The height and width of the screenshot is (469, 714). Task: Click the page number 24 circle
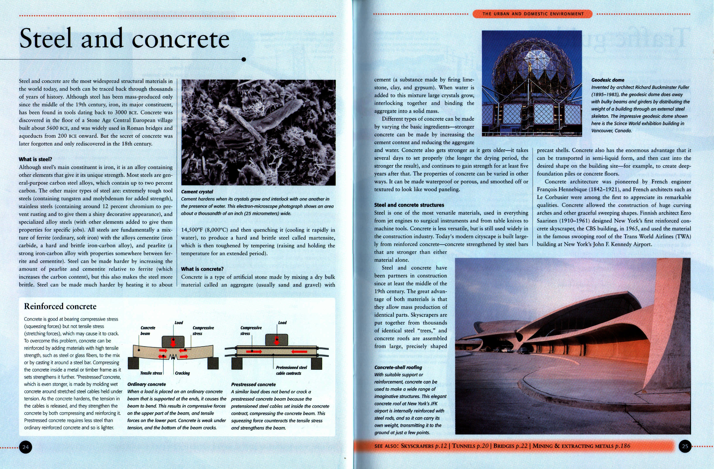click(26, 447)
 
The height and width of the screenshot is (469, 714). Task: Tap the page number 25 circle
click(685, 446)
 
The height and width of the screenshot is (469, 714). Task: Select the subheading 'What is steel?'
click(35, 159)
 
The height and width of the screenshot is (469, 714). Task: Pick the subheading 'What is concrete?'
click(202, 269)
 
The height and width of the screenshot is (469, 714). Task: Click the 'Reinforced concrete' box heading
click(60, 307)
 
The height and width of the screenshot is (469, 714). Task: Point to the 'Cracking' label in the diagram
click(182, 373)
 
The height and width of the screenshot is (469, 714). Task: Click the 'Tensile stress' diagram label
click(151, 373)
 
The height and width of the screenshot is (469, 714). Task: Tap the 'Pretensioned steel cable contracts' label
click(291, 370)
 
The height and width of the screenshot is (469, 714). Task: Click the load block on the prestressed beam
click(277, 340)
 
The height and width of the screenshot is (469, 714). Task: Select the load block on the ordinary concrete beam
click(173, 341)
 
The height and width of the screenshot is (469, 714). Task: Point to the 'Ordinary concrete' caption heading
click(146, 384)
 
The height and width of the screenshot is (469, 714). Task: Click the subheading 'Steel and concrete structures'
click(409, 205)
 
